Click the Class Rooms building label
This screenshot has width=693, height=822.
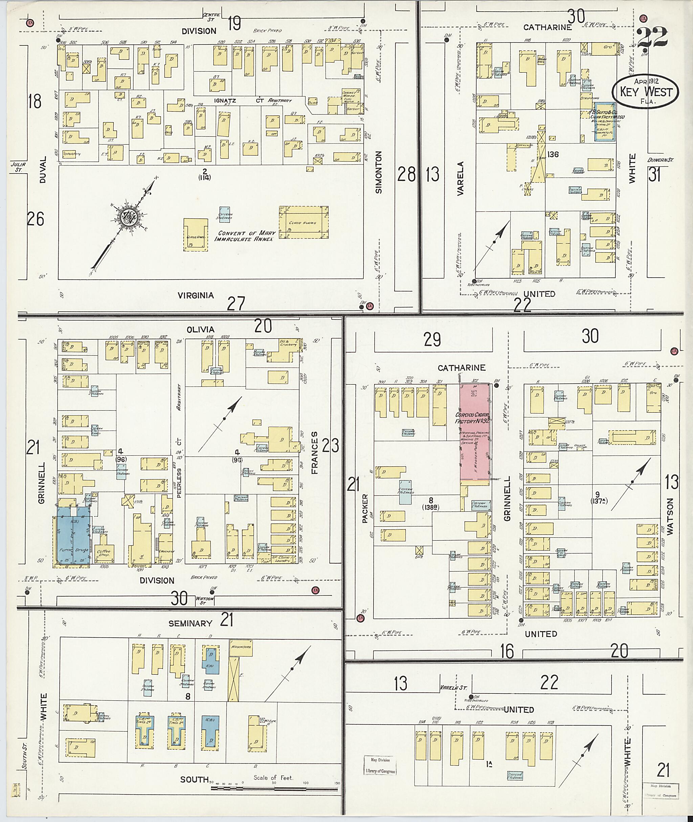[x=303, y=223]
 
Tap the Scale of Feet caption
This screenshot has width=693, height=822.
[x=273, y=777]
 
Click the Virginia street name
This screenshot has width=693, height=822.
[x=195, y=295]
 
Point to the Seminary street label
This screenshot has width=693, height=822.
[x=190, y=623]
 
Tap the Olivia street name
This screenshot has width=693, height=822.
[x=200, y=329]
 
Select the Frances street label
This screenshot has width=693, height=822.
[x=315, y=453]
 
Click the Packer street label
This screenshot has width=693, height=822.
[x=365, y=508]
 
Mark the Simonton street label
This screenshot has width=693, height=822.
[x=379, y=173]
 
